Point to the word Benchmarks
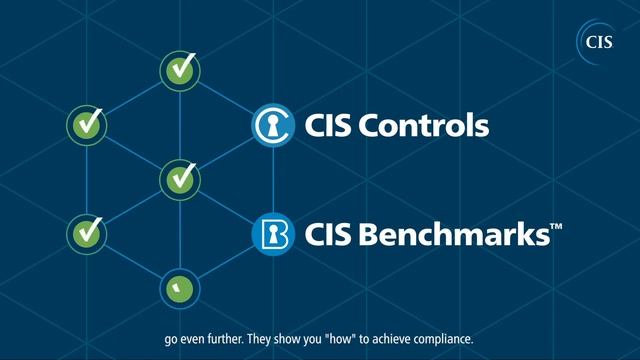point(461,237)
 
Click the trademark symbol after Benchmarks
point(556,228)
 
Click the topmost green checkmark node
point(181,70)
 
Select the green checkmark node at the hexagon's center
point(181,179)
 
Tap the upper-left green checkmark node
point(86,125)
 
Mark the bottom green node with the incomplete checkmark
point(181,288)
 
